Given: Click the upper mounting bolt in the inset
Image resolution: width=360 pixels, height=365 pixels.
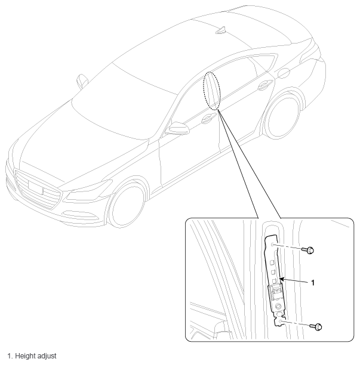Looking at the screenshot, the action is pyautogui.click(x=308, y=250).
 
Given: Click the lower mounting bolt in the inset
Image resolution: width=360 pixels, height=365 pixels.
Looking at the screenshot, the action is pyautogui.click(x=316, y=327).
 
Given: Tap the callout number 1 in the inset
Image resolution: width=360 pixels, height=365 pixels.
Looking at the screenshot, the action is pyautogui.click(x=313, y=283).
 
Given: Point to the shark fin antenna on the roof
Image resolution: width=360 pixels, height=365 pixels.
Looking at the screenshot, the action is pyautogui.click(x=221, y=31).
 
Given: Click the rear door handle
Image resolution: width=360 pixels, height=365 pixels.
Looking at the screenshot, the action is pyautogui.click(x=265, y=85).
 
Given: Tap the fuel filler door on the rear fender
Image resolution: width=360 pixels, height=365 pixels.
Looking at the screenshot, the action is pyautogui.click(x=284, y=73).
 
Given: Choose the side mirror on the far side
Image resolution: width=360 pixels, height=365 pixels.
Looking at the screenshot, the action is pyautogui.click(x=82, y=81).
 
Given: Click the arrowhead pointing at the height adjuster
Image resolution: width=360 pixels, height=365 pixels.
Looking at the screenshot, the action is pyautogui.click(x=281, y=279).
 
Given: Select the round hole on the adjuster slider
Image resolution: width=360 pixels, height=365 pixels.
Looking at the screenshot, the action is pyautogui.click(x=278, y=307).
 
